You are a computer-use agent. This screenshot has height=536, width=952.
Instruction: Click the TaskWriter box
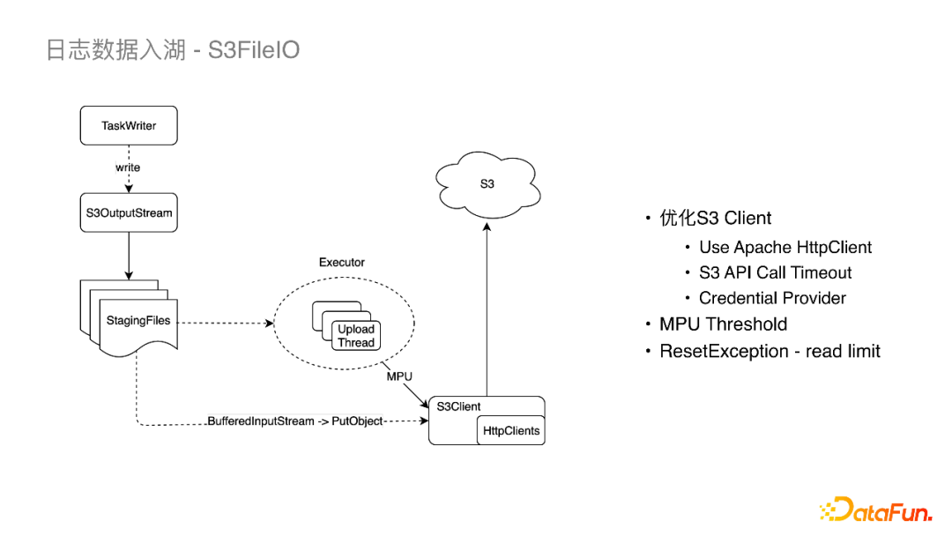(x=129, y=126)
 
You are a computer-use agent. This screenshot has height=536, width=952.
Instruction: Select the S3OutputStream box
(x=129, y=212)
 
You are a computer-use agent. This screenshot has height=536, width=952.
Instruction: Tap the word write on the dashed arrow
(x=128, y=167)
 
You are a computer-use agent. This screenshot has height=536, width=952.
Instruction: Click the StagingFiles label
(x=138, y=320)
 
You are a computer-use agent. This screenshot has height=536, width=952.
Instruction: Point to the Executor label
(x=341, y=263)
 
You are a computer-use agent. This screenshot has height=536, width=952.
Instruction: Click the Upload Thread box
(x=356, y=336)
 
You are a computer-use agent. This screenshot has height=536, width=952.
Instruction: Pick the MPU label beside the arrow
(x=399, y=376)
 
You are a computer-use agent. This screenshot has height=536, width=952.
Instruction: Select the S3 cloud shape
(x=487, y=184)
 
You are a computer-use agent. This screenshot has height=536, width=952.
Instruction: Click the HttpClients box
(x=511, y=431)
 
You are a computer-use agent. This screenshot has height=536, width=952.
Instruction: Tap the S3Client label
(x=459, y=406)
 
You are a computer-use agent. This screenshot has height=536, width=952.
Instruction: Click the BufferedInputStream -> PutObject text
(x=295, y=421)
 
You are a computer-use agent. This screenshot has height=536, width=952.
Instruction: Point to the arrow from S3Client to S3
(x=487, y=309)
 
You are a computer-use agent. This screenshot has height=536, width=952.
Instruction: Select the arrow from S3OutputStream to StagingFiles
(x=129, y=256)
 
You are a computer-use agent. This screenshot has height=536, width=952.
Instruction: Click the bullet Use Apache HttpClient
(x=785, y=248)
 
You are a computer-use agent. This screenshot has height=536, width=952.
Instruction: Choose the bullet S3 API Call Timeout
(x=775, y=273)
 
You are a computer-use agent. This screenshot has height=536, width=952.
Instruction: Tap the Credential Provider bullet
(x=772, y=298)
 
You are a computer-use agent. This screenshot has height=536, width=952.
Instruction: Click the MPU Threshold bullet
(x=723, y=324)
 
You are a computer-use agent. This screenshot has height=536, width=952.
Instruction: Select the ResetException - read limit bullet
(x=770, y=351)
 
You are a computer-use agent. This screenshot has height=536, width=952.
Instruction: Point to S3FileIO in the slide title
(x=254, y=49)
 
